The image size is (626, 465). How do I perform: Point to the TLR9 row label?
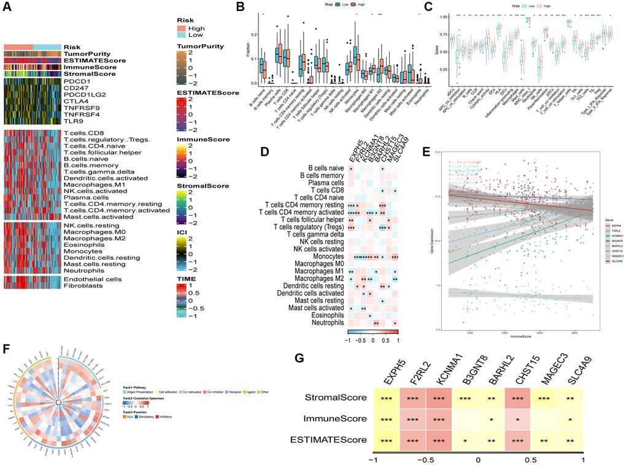point(72,121)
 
